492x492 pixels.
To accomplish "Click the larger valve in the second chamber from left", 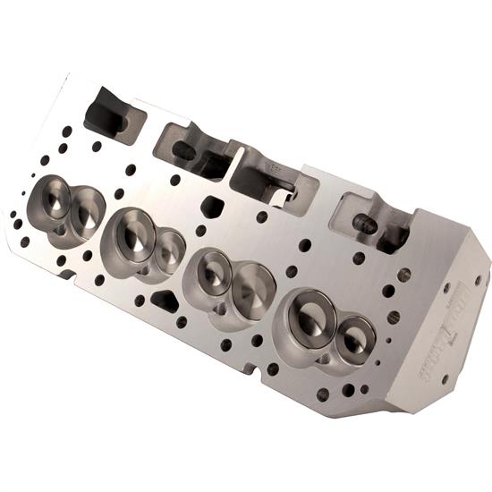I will click(135, 235).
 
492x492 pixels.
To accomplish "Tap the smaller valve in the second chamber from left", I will click(169, 251).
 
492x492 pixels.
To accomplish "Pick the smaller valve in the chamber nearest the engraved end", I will click(354, 336).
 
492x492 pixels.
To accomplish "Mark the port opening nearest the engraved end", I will click(371, 224).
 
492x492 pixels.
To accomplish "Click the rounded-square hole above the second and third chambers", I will click(212, 207).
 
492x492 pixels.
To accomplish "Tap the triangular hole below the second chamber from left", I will click(165, 301).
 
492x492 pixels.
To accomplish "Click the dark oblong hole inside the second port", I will click(184, 151).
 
